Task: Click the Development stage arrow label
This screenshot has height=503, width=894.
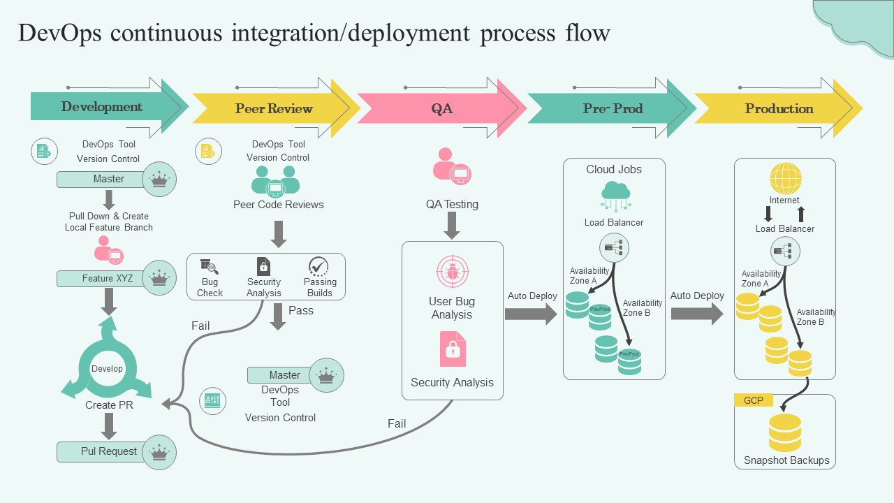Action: click(102, 107)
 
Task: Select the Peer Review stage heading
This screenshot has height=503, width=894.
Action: click(274, 108)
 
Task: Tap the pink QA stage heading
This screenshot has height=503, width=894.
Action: click(441, 108)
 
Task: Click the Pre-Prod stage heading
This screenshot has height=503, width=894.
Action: click(613, 108)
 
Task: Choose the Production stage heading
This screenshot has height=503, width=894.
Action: click(779, 108)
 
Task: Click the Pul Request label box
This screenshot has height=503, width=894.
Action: click(109, 451)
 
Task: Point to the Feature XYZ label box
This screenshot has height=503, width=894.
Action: click(108, 278)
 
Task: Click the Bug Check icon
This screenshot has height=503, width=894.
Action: click(209, 266)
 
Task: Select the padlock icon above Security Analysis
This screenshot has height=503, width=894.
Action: click(263, 266)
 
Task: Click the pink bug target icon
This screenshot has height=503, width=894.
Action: click(452, 272)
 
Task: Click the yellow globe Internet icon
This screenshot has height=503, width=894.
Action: click(785, 179)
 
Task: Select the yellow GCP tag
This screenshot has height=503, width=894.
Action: click(753, 400)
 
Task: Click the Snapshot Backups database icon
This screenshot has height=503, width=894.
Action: click(785, 432)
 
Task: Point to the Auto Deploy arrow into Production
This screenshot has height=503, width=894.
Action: click(697, 314)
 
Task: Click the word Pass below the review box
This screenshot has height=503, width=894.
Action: click(301, 310)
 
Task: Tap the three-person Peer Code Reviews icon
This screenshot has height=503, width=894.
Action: click(276, 181)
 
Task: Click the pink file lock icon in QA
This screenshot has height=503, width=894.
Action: click(453, 349)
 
